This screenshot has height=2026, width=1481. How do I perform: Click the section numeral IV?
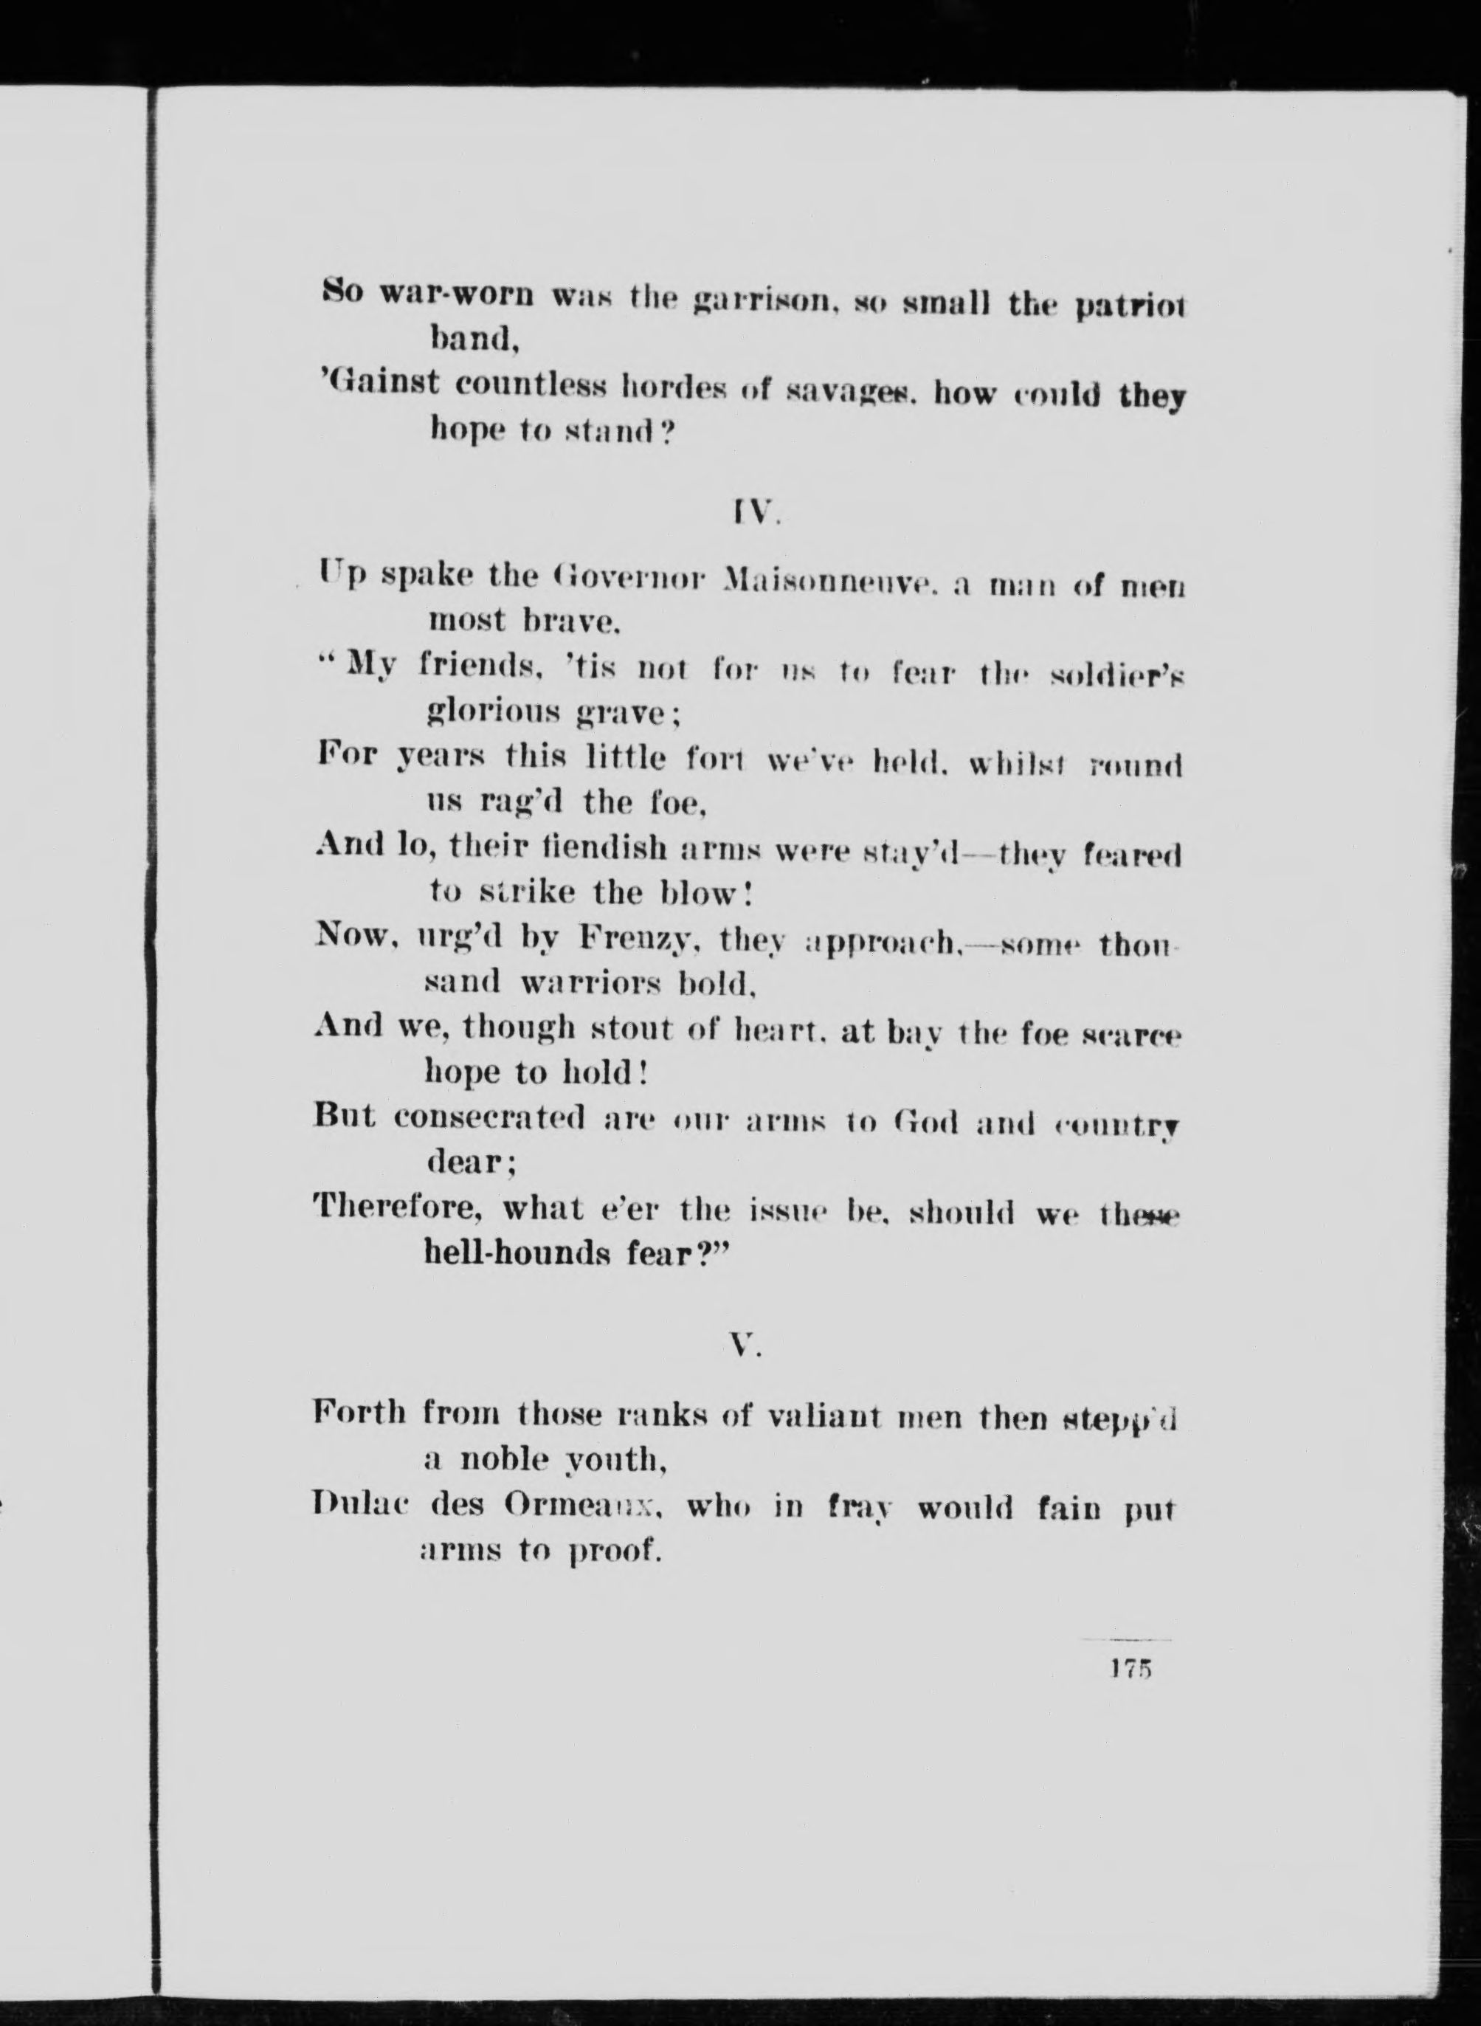point(745,514)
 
